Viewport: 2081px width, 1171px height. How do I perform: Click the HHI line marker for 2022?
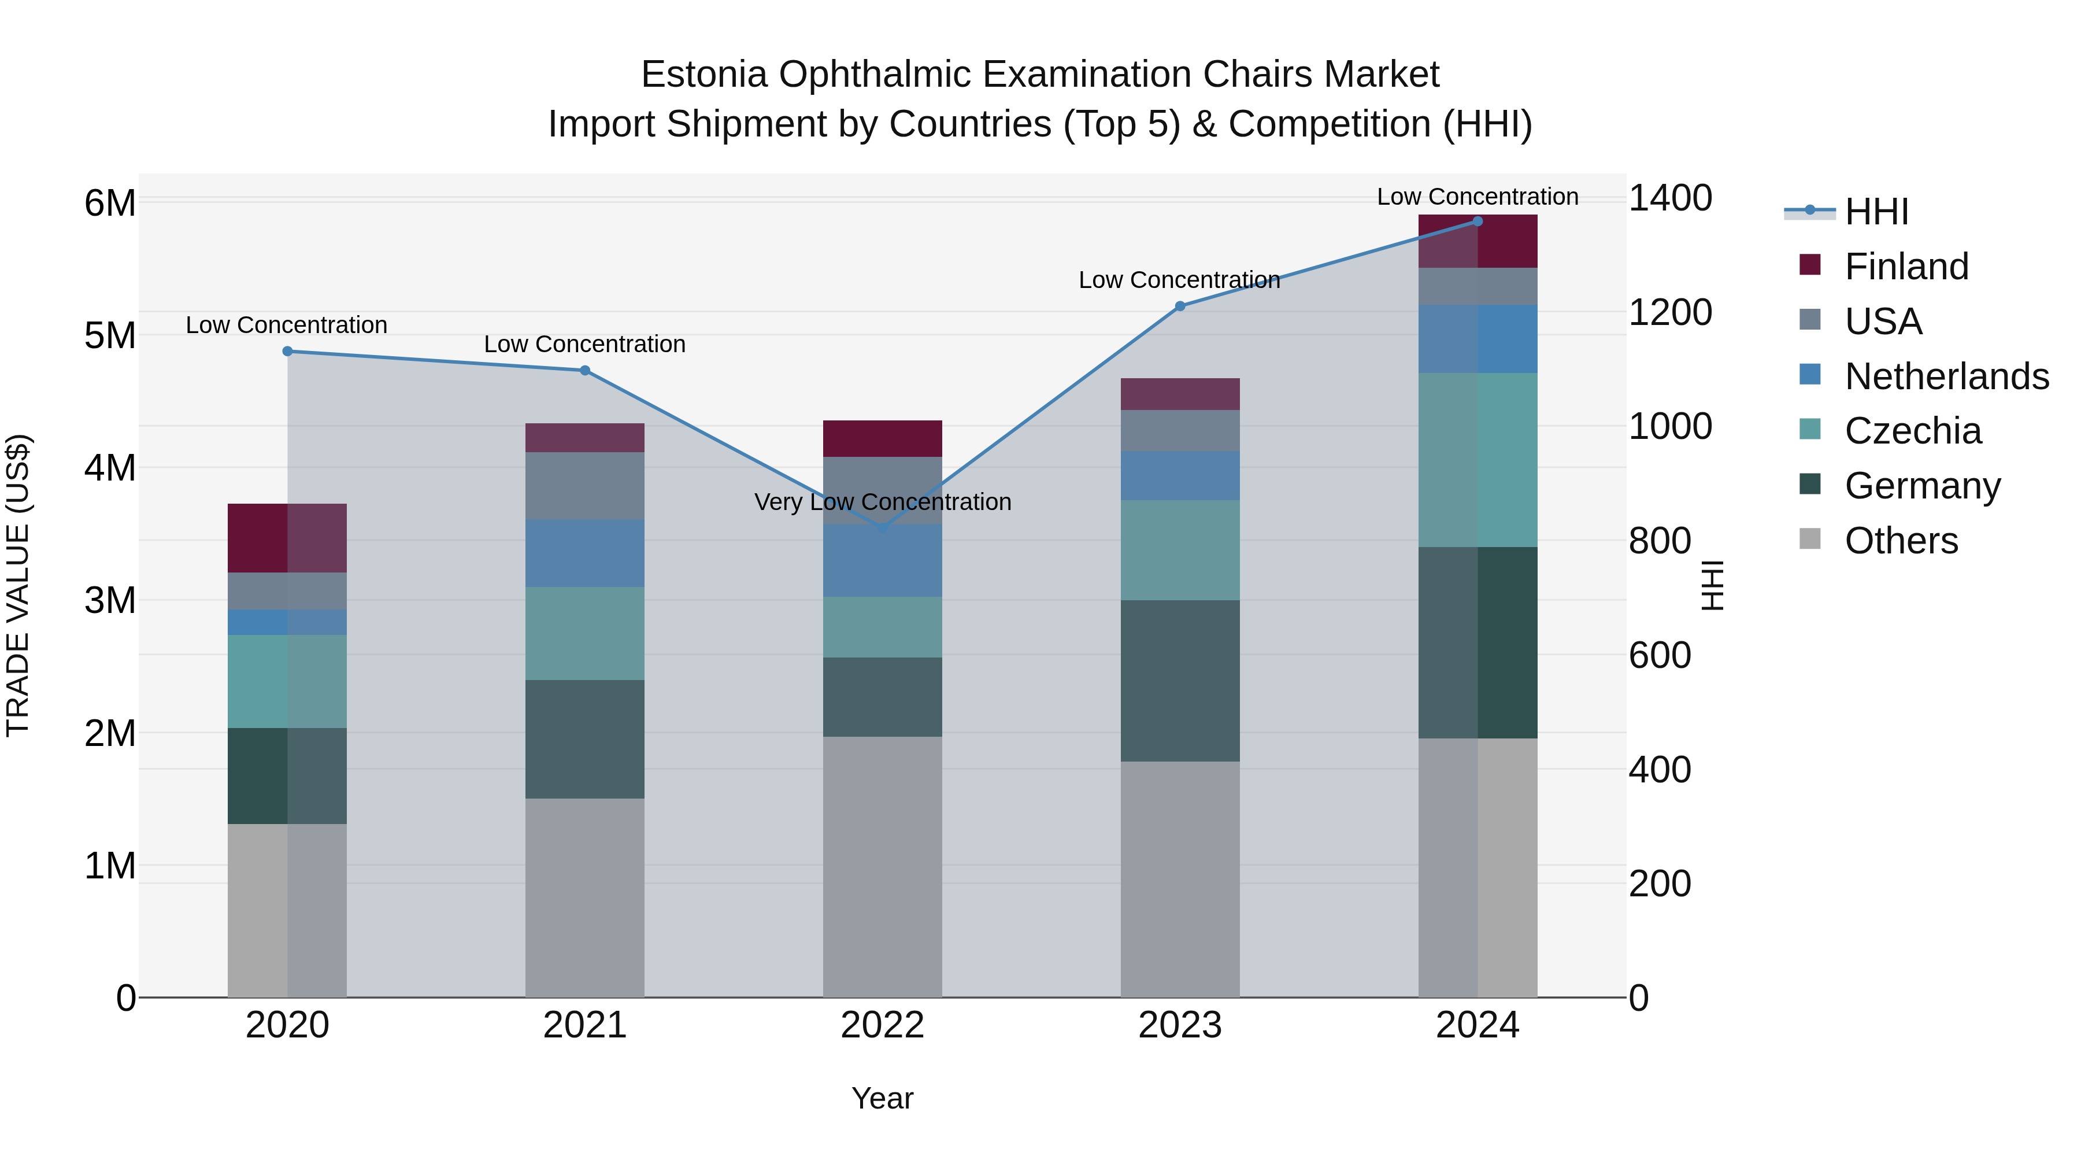click(882, 529)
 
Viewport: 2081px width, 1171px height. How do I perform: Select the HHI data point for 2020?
click(288, 352)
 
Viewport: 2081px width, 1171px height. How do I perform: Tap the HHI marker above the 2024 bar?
click(1478, 221)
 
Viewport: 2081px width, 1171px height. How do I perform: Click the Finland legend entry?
click(1906, 267)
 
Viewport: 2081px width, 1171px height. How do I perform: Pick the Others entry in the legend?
click(1901, 541)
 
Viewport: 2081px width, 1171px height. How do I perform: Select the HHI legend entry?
click(1876, 212)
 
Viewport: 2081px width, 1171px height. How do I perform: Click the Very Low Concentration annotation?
click(882, 503)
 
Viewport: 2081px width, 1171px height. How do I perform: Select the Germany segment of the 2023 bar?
click(1179, 681)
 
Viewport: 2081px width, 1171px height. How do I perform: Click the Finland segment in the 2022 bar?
click(882, 439)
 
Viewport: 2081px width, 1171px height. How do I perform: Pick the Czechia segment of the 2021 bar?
click(585, 634)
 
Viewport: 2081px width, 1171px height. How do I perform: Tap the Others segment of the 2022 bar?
click(882, 866)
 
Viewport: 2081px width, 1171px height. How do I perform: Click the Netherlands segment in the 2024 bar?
click(1478, 339)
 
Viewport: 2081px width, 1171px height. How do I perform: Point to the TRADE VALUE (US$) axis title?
click(18, 585)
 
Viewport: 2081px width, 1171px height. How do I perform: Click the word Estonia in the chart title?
click(703, 75)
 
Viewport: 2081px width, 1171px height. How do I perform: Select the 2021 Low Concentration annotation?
click(585, 344)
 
